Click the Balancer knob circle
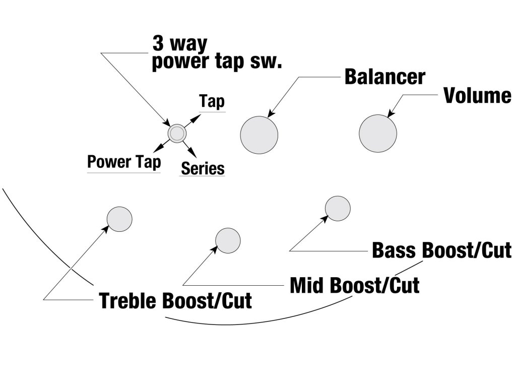(259, 135)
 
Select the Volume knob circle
(378, 133)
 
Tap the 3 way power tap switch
(177, 134)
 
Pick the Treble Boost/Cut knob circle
(119, 219)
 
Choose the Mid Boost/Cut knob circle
(228, 240)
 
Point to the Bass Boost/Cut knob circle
(338, 209)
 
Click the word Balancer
(385, 77)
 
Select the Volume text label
(478, 95)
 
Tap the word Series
(203, 168)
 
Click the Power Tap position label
(124, 162)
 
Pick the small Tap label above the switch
(212, 102)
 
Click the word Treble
(129, 300)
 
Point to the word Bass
(394, 250)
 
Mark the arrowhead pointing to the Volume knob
(391, 113)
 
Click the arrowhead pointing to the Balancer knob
(272, 113)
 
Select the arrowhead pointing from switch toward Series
(193, 153)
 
